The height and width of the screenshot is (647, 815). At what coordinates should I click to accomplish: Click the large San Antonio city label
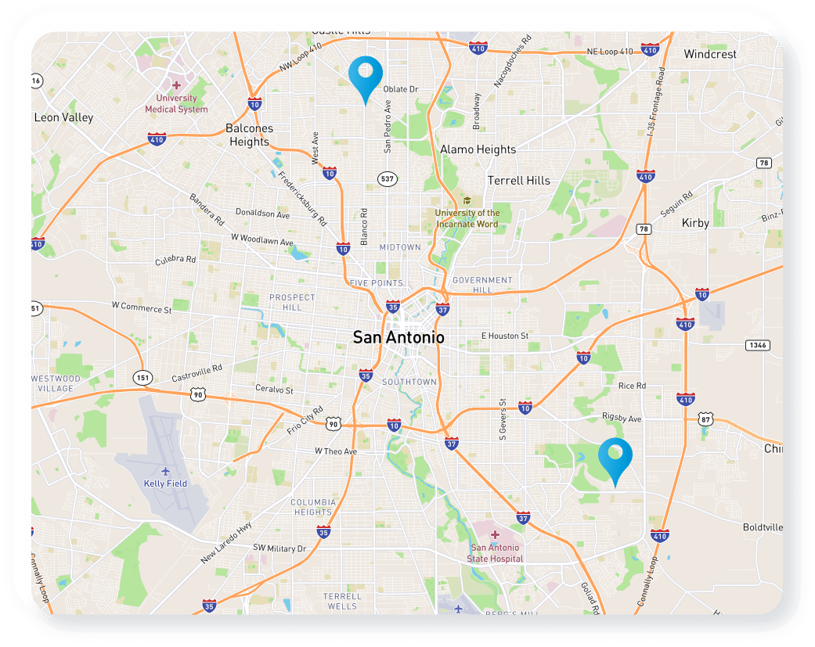[x=398, y=338]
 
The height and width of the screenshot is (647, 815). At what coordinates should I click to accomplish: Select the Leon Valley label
[x=63, y=117]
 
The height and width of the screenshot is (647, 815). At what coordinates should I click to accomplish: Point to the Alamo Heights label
[x=478, y=149]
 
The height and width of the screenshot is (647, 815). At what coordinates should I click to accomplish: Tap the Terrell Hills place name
[x=518, y=181]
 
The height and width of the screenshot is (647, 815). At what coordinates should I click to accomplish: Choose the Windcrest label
[x=710, y=55]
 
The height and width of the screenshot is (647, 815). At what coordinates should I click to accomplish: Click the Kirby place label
[x=695, y=223]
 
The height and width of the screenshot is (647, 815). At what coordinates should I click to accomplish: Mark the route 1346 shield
[x=756, y=344]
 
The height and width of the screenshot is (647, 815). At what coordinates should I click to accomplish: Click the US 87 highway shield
[x=707, y=419]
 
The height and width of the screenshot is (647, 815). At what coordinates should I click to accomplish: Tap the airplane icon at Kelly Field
[x=165, y=471]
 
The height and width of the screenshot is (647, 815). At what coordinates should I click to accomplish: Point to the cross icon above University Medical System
[x=177, y=84]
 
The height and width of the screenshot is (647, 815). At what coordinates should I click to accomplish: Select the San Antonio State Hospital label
[x=494, y=553]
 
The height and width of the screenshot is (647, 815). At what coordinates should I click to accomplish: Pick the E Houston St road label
[x=504, y=336]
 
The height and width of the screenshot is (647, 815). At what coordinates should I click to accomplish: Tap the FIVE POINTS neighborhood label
[x=376, y=283]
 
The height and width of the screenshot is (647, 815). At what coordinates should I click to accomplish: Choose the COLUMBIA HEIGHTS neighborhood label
[x=312, y=507]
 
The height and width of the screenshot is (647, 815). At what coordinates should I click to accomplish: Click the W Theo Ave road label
[x=335, y=451]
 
